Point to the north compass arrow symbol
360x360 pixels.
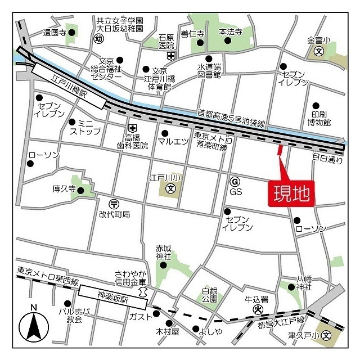[34, 326]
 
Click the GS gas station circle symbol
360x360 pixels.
[235, 181]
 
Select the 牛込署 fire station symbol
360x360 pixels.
[257, 308]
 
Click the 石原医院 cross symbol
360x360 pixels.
[171, 55]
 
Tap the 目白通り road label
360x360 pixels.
[327, 159]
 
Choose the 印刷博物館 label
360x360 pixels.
[319, 117]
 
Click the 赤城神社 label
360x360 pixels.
[164, 252]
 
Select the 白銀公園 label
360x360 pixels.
[210, 295]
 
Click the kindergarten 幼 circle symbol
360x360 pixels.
[99, 39]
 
